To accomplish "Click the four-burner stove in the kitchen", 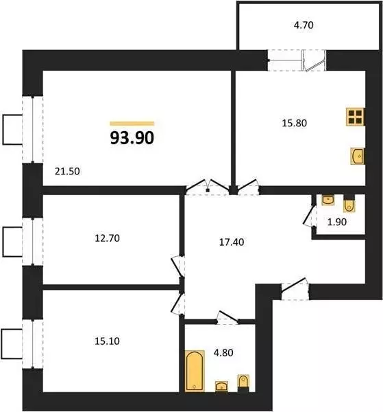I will click(x=355, y=117).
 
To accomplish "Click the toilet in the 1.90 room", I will click(x=349, y=204).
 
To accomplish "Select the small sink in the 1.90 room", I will click(x=328, y=200).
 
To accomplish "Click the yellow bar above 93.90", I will click(x=132, y=123).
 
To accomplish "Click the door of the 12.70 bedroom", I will click(x=176, y=264).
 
